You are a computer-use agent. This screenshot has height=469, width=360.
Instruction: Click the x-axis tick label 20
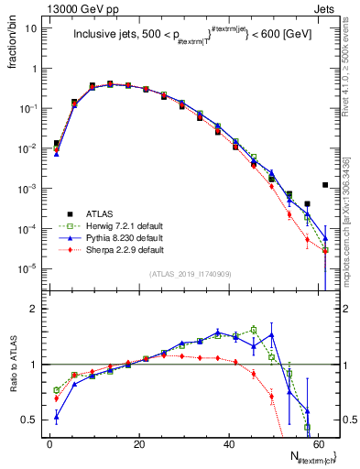pos(139,444)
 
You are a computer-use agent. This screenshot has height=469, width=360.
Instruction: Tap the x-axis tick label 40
pos(229,444)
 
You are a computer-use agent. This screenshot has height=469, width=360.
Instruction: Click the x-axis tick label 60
pos(318,444)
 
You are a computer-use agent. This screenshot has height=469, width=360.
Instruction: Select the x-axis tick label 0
pos(49,444)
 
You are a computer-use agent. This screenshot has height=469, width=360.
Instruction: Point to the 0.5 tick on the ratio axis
pos(29,420)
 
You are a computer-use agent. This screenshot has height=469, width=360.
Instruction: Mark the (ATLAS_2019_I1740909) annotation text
pos(190,274)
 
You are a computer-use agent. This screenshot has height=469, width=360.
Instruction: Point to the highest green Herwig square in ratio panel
pos(254,330)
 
